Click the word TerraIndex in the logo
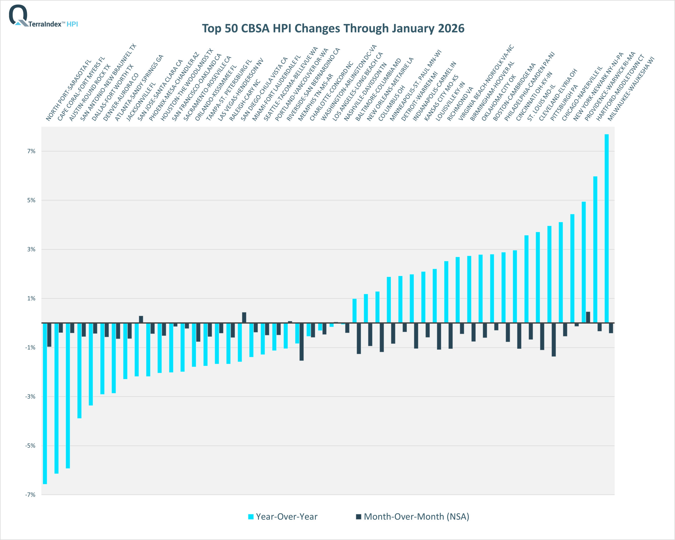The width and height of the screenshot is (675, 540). click(45, 24)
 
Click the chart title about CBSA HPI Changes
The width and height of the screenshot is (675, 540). click(333, 29)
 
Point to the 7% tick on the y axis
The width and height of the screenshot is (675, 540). click(31, 151)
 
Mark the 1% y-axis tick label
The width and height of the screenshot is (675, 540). click(31, 298)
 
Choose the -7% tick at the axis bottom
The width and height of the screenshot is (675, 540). click(30, 495)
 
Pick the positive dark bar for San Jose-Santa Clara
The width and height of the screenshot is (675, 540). click(141, 319)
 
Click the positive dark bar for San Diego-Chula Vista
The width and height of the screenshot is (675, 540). click(244, 317)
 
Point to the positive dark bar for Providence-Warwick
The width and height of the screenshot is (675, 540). click(588, 317)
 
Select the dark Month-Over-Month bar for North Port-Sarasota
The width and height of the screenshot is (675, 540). click(49, 335)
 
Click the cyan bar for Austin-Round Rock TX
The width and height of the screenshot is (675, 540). click(67, 395)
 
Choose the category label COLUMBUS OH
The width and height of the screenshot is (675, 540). click(391, 104)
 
